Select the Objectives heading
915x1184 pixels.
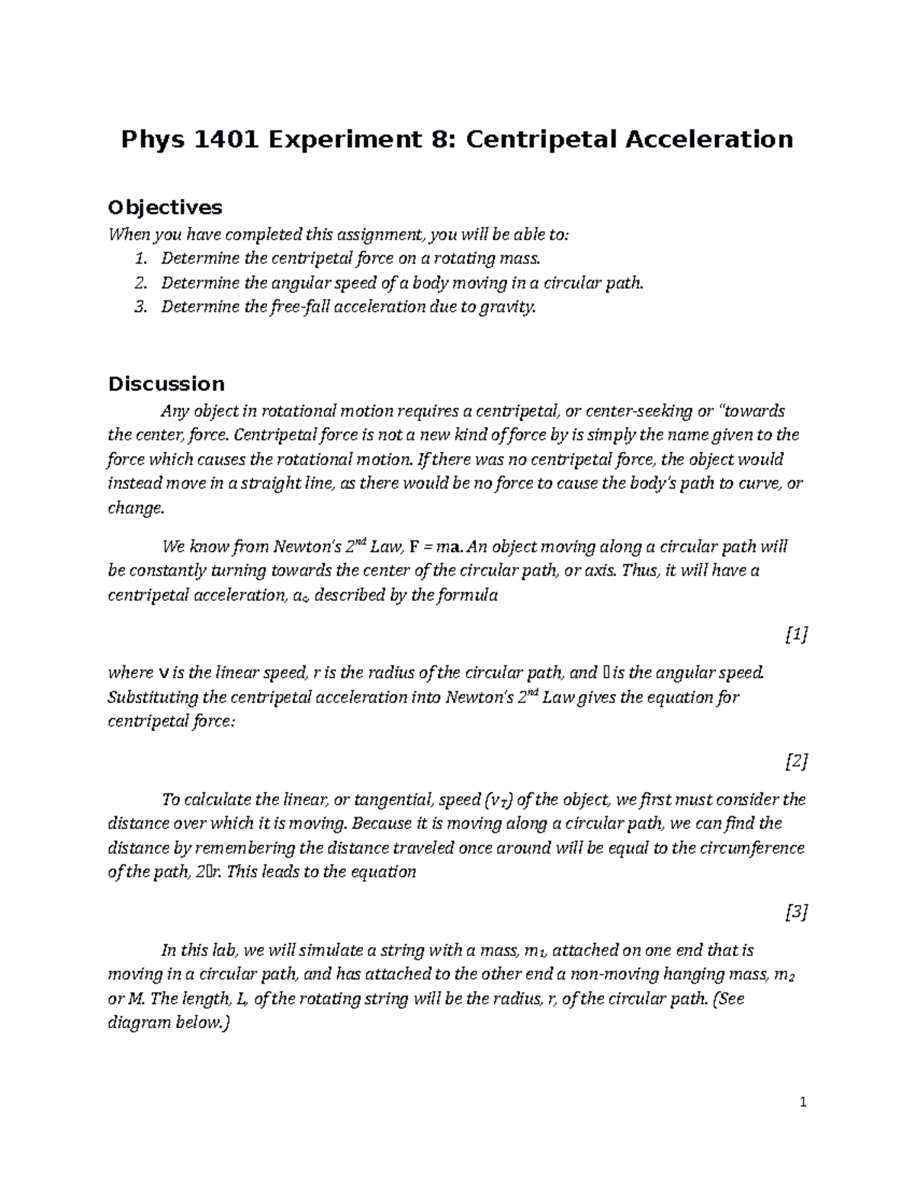point(165,207)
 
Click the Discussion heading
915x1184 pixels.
point(166,383)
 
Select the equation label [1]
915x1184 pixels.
point(796,634)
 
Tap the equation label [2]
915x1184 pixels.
point(796,760)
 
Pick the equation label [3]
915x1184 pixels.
point(796,911)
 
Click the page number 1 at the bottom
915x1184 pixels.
point(804,1102)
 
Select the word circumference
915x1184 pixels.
point(753,849)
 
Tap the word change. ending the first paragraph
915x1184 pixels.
point(136,509)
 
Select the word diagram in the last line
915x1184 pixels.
point(140,1024)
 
